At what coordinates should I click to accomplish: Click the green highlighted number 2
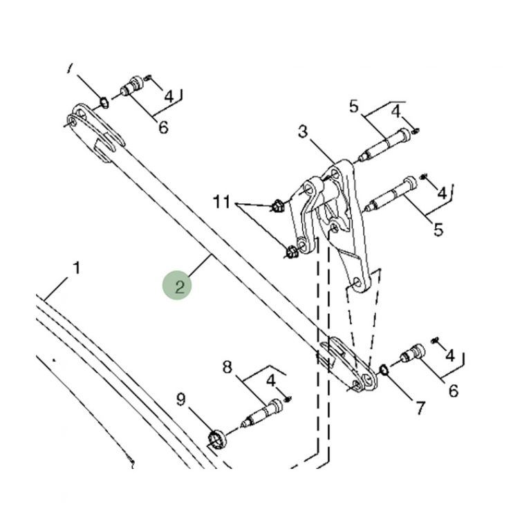pyautogui.click(x=180, y=287)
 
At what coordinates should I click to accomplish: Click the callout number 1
pyautogui.click(x=77, y=268)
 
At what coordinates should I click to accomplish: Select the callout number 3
pyautogui.click(x=303, y=131)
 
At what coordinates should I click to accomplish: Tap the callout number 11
pyautogui.click(x=222, y=202)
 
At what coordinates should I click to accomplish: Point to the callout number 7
pyautogui.click(x=420, y=408)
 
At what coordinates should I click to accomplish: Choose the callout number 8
pyautogui.click(x=227, y=367)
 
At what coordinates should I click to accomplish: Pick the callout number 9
pyautogui.click(x=181, y=400)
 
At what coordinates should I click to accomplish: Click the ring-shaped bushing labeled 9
pyautogui.click(x=216, y=439)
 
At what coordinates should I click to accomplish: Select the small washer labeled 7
pyautogui.click(x=384, y=370)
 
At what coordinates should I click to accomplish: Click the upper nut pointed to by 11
pyautogui.click(x=277, y=206)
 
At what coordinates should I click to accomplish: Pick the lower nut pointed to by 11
pyautogui.click(x=291, y=252)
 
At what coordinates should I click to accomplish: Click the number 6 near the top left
pyautogui.click(x=164, y=127)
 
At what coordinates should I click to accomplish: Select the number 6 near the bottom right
pyautogui.click(x=454, y=391)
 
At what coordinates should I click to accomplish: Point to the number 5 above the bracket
pyautogui.click(x=353, y=106)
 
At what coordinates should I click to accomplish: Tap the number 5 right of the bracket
pyautogui.click(x=438, y=230)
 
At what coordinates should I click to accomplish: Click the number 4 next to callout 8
pyautogui.click(x=271, y=381)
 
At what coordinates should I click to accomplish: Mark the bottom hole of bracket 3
pyautogui.click(x=357, y=283)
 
